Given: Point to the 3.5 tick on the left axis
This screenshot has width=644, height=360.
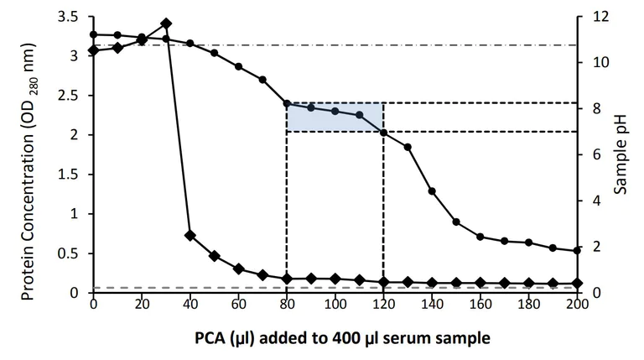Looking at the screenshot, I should pos(69,17).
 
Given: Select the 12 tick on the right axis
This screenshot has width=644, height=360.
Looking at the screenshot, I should pos(592,17).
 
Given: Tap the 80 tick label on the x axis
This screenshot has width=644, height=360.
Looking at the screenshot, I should pos(287,305).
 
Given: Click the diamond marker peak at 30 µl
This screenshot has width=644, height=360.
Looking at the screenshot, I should pos(166,23).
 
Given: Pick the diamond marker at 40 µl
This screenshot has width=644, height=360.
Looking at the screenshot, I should pos(190,235).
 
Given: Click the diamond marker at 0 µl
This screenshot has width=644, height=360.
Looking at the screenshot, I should pos(93,50).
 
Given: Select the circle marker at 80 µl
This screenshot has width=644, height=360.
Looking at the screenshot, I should pos(287,103).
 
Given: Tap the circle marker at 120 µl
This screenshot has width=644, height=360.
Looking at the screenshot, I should pos(383,133).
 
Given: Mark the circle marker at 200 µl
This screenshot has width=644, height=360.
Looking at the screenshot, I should pos(577,250).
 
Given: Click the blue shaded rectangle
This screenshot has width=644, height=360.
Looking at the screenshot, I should pos(335,117).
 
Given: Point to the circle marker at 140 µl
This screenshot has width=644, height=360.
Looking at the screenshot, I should pos(432,191).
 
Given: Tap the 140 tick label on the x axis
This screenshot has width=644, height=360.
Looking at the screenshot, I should pos(432,305).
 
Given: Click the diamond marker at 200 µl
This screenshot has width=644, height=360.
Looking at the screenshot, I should pos(577,284).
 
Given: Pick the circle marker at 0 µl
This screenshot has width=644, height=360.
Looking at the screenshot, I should pos(93,34).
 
